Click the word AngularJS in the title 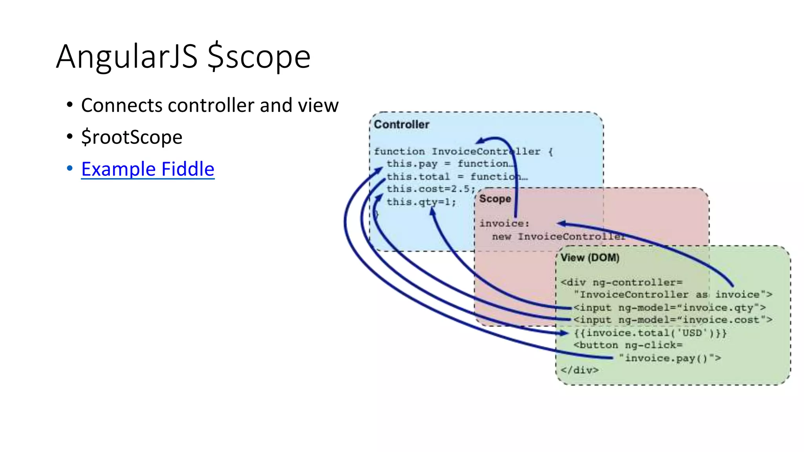[x=126, y=57]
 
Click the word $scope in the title [x=259, y=57]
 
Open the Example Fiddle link [x=148, y=169]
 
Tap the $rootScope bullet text [x=132, y=137]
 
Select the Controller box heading [x=401, y=125]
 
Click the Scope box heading [x=495, y=199]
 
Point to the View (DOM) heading [x=590, y=258]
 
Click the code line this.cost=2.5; [x=431, y=189]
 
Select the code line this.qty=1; [x=421, y=202]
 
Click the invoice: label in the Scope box [x=504, y=224]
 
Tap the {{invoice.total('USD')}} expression [x=650, y=333]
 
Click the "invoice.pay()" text [x=670, y=358]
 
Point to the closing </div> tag [x=579, y=370]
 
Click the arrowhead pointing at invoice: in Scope [x=561, y=224]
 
